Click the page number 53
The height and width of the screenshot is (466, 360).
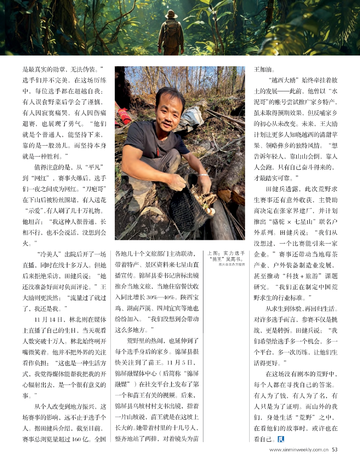point(334,450)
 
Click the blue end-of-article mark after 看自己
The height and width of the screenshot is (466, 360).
point(280,439)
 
